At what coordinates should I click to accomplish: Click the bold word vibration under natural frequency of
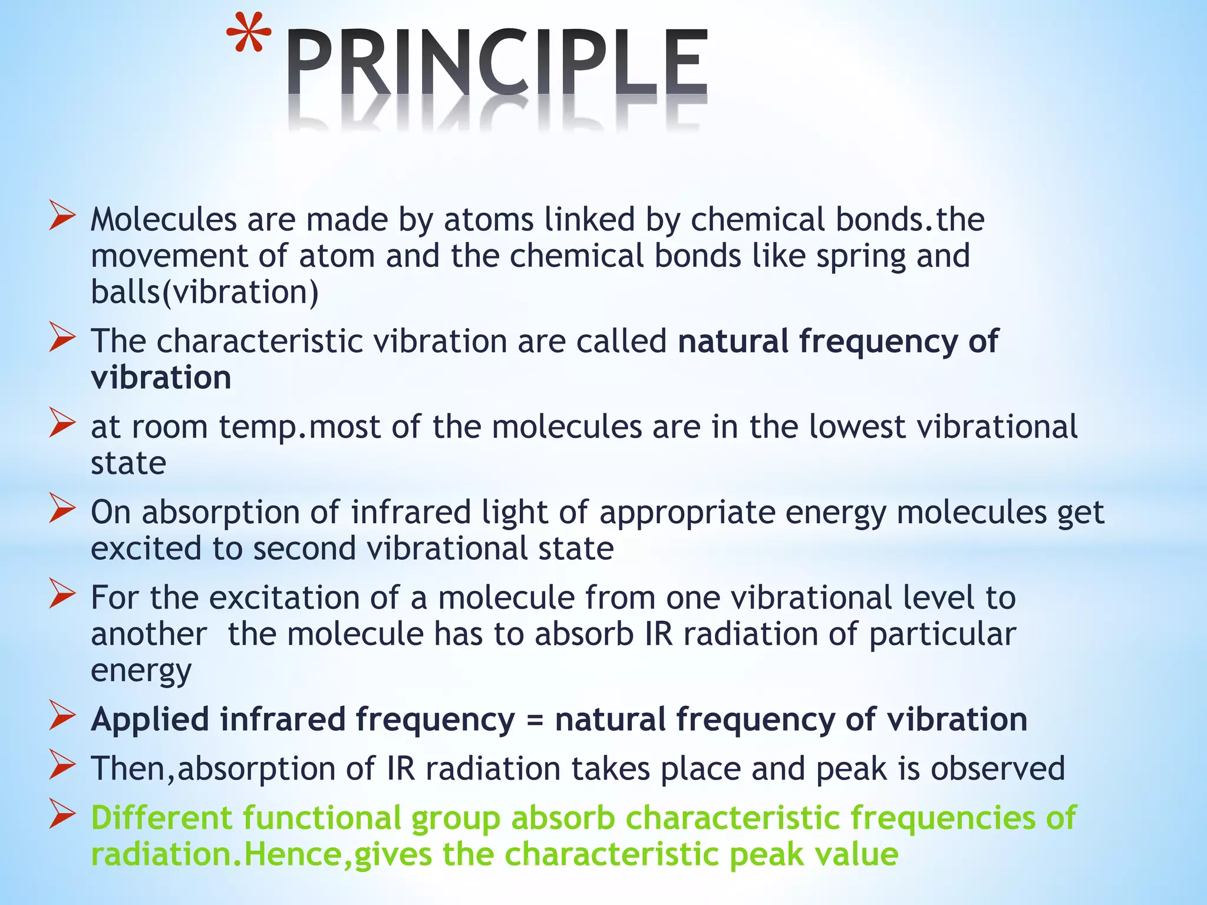click(x=161, y=378)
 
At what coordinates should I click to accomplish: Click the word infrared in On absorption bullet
click(x=411, y=512)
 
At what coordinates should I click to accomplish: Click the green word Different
click(x=161, y=818)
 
